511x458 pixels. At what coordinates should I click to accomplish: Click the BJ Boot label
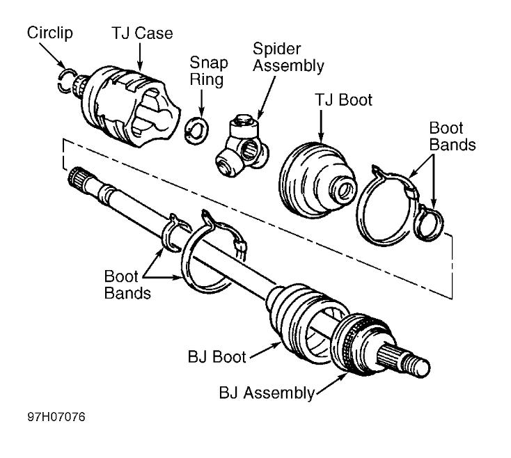pyautogui.click(x=216, y=358)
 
